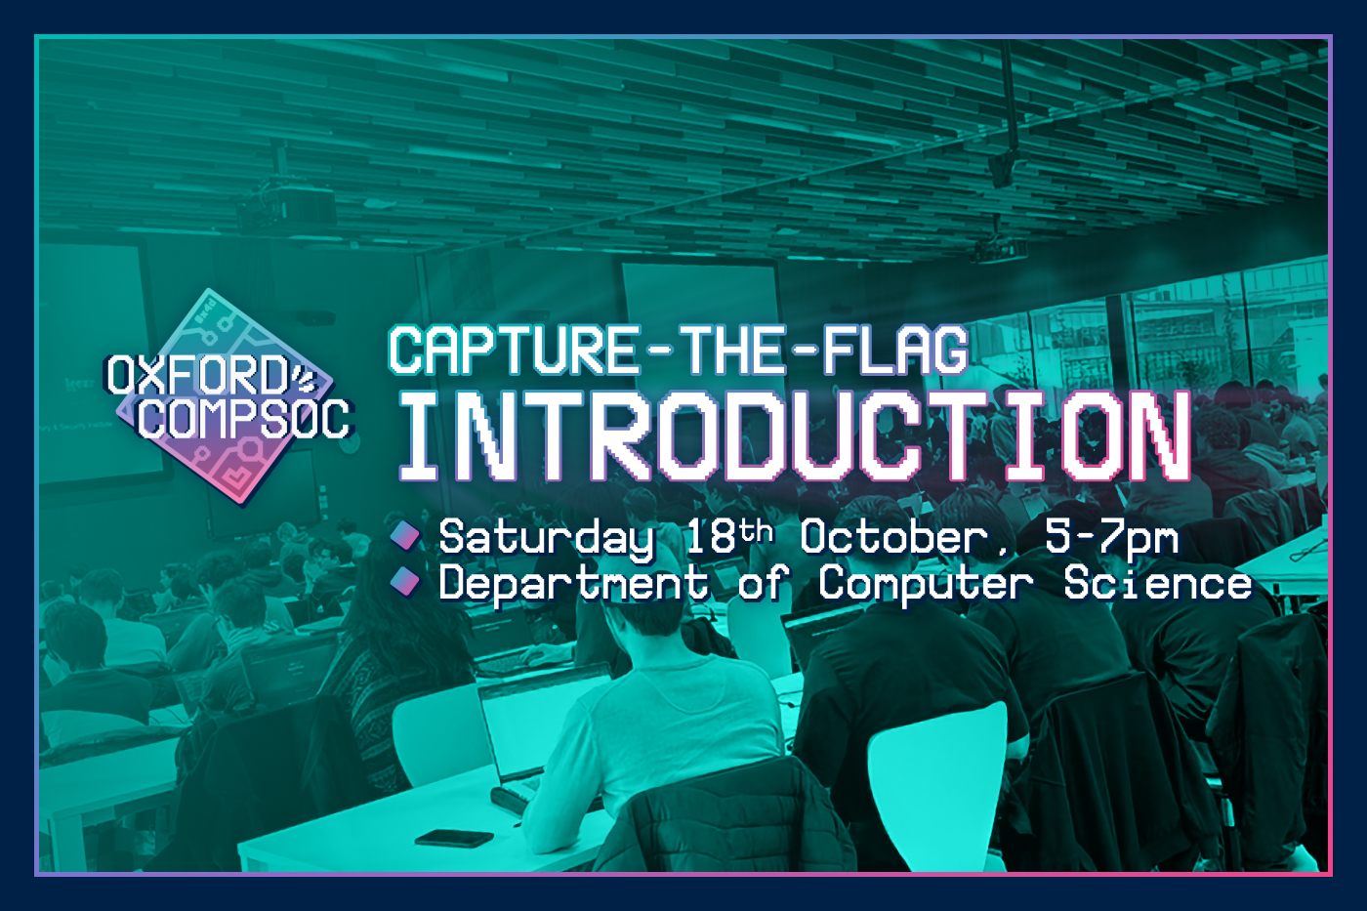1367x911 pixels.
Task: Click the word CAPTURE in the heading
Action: [x=514, y=350]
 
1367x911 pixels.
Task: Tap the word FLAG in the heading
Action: [x=896, y=350]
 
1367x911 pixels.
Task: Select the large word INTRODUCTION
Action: [x=795, y=435]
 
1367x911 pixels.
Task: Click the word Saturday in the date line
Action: [x=546, y=539]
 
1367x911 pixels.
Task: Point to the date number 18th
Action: [x=728, y=536]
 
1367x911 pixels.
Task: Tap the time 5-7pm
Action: [x=1112, y=539]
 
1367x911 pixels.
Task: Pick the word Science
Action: [x=1158, y=583]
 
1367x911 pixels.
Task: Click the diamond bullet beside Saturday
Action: [x=405, y=536]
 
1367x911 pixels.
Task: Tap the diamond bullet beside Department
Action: [x=405, y=581]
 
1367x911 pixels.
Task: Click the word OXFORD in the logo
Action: [x=197, y=375]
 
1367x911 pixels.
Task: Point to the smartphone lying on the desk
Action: [x=454, y=838]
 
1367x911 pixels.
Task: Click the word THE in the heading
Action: [x=731, y=350]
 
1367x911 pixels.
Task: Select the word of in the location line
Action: [x=763, y=582]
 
